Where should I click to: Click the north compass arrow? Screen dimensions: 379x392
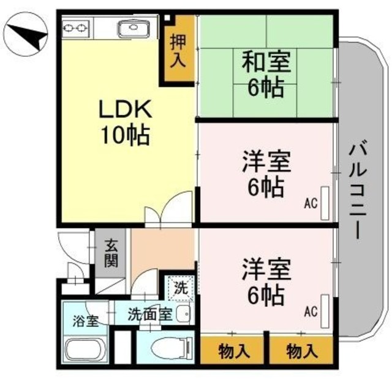coord(28,37)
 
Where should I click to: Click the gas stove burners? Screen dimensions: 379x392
coord(77,28)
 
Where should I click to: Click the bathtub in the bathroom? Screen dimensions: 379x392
coord(85,351)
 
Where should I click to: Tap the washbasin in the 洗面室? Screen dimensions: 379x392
coord(183,315)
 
